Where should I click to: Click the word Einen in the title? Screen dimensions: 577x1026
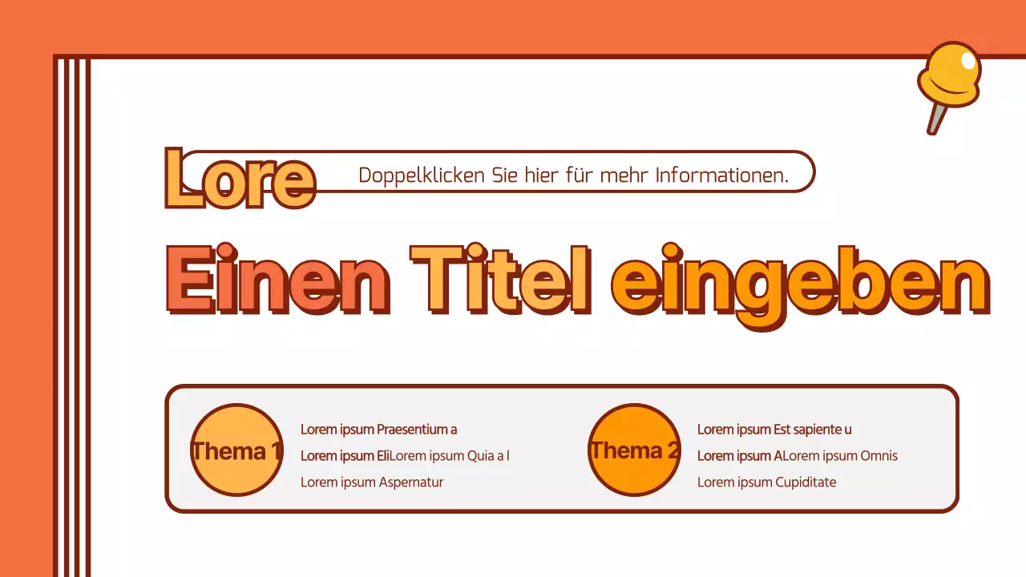point(277,280)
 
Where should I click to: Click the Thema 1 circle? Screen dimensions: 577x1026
point(237,450)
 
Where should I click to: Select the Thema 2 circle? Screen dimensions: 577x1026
point(634,450)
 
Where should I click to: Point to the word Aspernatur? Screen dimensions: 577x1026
point(410,482)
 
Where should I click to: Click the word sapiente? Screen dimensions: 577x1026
point(818,430)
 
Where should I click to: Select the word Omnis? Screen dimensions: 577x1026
point(879,456)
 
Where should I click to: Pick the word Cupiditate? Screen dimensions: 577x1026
point(806,482)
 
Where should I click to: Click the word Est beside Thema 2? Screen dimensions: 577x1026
point(782,430)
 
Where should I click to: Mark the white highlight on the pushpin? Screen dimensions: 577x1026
point(968,60)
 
